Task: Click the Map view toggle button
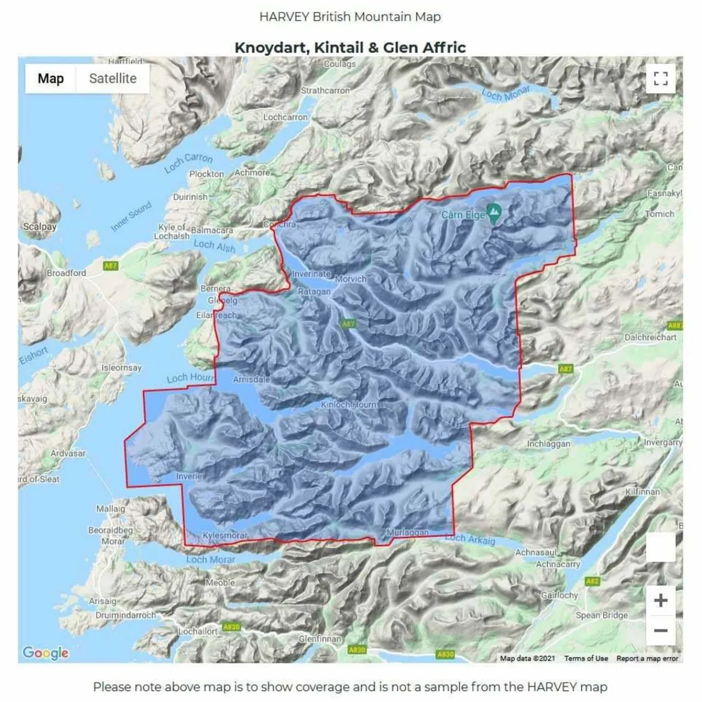[x=50, y=78]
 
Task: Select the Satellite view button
[x=112, y=78]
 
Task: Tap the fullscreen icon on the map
[x=660, y=78]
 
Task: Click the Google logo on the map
[x=46, y=653]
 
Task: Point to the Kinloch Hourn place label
[x=349, y=405]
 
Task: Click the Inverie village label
[x=189, y=476]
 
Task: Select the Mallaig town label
[x=111, y=509]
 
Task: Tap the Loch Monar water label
[x=506, y=93]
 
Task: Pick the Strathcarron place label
[x=325, y=90]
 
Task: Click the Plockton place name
[x=206, y=174]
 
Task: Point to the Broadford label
[x=66, y=273]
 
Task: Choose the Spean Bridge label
[x=602, y=615]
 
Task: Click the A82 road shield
[x=592, y=581]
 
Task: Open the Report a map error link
[x=647, y=658]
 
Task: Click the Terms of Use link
[x=586, y=658]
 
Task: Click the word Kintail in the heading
[x=338, y=48]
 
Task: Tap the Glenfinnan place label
[x=320, y=639]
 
